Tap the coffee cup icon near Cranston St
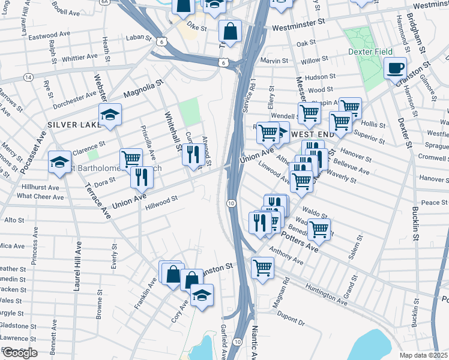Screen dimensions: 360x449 [395, 68]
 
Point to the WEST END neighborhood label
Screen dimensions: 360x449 [309, 134]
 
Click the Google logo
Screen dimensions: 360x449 [19, 353]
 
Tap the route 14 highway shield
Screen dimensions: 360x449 [28, 77]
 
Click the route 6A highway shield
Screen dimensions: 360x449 [105, 2]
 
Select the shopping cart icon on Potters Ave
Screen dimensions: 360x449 [319, 229]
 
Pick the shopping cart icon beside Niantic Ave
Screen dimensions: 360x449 [262, 266]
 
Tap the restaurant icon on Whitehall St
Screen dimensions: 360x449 [191, 154]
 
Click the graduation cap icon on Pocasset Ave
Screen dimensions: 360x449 [59, 162]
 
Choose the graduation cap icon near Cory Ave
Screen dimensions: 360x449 [202, 294]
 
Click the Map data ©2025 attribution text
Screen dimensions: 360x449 [424, 355]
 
